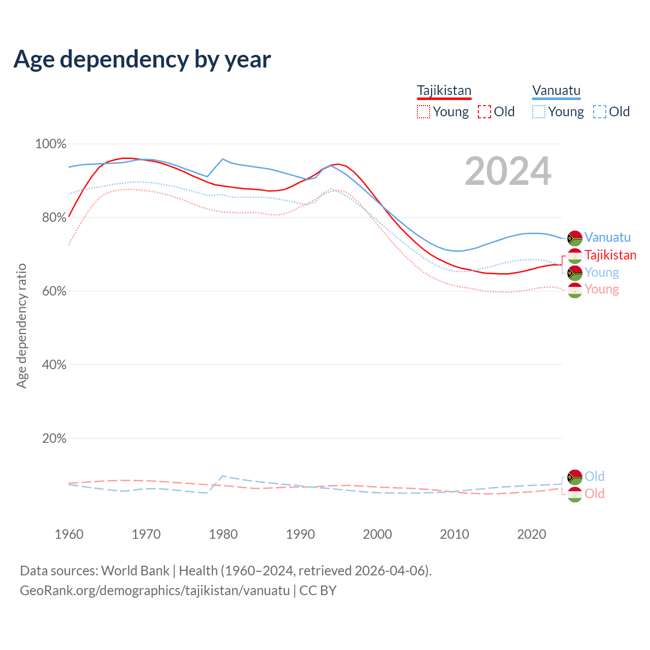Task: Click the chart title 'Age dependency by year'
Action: (142, 59)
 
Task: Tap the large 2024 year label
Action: (508, 172)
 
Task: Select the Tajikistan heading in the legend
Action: (444, 90)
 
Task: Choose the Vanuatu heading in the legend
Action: (557, 90)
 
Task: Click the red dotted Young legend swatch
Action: (423, 112)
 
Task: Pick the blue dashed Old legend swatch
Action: (600, 112)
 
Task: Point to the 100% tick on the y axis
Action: (51, 144)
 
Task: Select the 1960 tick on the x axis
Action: (69, 534)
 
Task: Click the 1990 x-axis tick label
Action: (300, 534)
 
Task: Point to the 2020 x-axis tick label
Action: (531, 534)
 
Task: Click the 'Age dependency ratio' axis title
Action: (21, 326)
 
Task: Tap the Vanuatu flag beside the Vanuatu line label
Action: (575, 238)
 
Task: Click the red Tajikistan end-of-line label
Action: (610, 255)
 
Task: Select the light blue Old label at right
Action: (594, 476)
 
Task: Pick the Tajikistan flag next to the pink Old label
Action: (575, 494)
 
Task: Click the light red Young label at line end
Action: (602, 289)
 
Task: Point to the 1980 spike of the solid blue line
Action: (223, 159)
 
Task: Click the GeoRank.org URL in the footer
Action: (155, 591)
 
